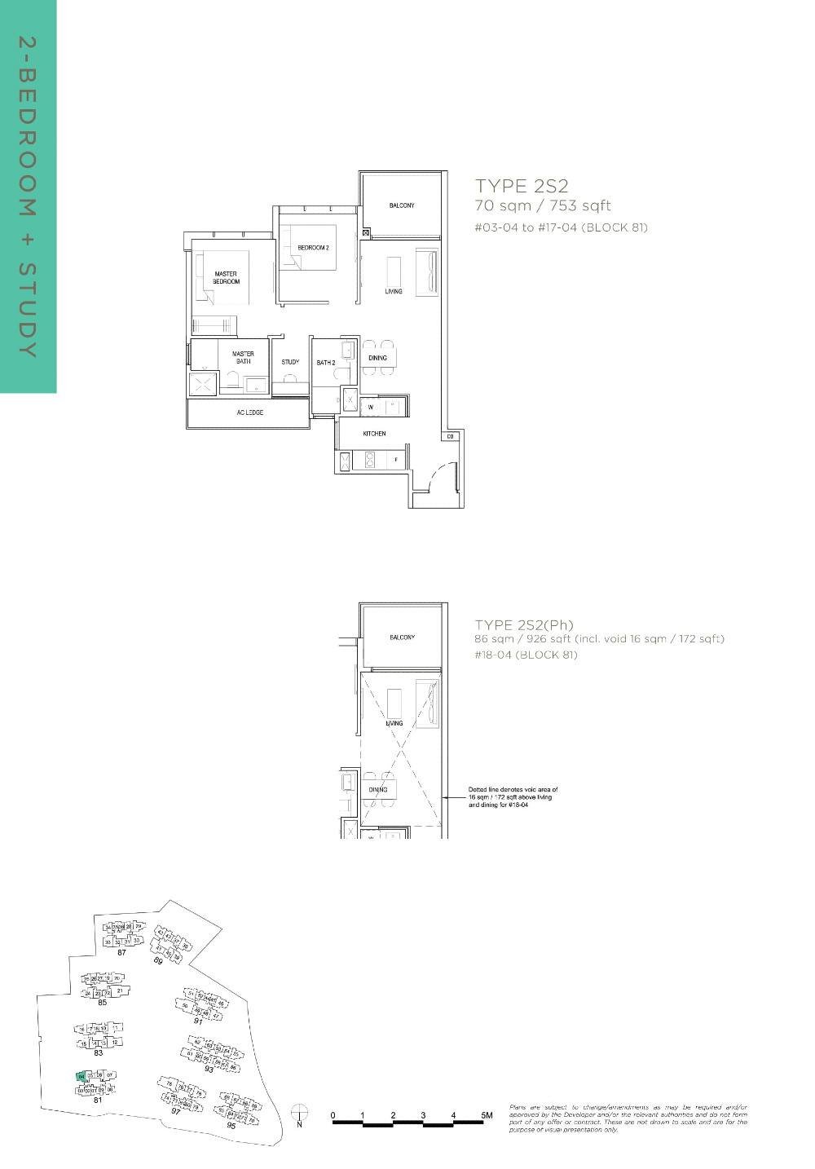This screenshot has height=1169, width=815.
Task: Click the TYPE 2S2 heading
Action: (x=522, y=186)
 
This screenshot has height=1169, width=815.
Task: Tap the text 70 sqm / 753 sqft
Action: (x=543, y=205)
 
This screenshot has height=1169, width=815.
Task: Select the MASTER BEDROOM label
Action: (x=227, y=277)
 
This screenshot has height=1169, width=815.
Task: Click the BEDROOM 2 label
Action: (x=313, y=248)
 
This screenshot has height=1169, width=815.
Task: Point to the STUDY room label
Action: (x=290, y=362)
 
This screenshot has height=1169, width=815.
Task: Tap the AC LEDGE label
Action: (x=250, y=412)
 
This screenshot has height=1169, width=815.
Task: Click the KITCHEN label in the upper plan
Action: (x=374, y=434)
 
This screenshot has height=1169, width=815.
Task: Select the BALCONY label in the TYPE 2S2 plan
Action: (x=401, y=205)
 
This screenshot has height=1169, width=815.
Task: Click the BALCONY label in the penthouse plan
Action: (x=402, y=637)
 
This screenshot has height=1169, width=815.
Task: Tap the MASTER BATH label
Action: (x=243, y=357)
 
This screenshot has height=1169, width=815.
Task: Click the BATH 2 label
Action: (x=326, y=362)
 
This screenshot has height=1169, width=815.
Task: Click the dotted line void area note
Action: (x=513, y=797)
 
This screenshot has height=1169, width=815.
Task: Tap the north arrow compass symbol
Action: (x=300, y=1114)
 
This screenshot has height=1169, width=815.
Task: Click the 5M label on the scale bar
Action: (x=487, y=1114)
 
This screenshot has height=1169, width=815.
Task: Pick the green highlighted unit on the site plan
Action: (x=81, y=1077)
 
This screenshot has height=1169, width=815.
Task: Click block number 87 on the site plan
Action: (x=121, y=952)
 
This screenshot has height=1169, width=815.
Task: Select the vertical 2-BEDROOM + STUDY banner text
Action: (x=28, y=196)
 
